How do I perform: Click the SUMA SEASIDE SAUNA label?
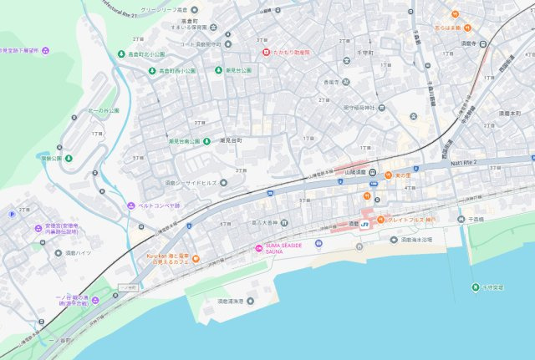point(288,246)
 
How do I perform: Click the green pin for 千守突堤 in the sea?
point(475,288)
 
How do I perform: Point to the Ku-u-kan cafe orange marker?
point(196,259)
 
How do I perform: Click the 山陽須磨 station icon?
point(374,174)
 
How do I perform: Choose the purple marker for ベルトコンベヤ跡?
point(130,205)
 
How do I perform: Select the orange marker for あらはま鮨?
point(455,14)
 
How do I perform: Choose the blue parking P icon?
point(12,215)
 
